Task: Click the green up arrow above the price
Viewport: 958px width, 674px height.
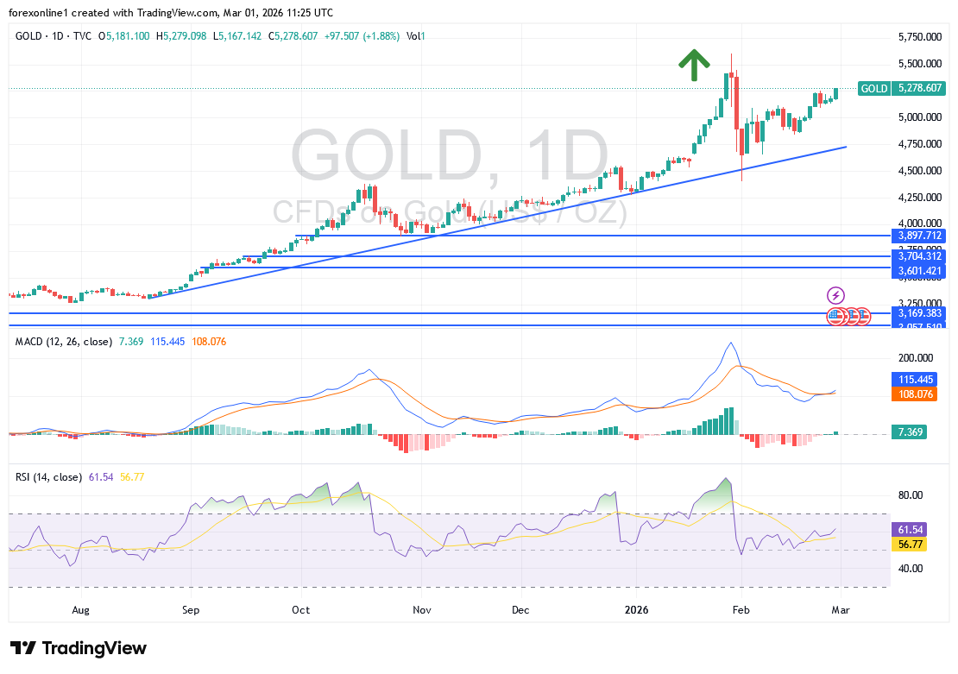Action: point(694,65)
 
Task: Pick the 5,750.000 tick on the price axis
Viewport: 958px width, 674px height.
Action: point(920,37)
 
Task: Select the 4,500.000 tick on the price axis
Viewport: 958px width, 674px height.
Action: point(920,171)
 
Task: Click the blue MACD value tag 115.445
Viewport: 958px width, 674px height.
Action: point(917,379)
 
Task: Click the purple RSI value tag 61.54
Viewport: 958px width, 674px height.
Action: point(911,529)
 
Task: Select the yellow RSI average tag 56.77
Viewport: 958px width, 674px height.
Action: point(911,545)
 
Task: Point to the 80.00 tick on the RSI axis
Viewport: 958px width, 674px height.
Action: point(911,495)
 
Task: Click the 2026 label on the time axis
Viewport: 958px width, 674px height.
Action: point(638,609)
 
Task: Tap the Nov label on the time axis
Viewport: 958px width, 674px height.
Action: point(420,609)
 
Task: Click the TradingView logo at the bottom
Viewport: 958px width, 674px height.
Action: point(79,648)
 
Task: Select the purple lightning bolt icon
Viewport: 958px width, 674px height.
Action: point(835,295)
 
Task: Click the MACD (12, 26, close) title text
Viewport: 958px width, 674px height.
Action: point(64,342)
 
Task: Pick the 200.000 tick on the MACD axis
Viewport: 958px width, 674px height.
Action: point(917,357)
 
